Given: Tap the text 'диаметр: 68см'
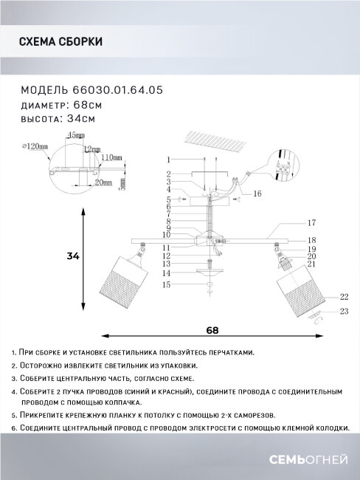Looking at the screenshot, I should (x=62, y=104).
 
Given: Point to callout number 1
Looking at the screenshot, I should (x=168, y=160).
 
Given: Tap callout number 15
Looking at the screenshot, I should (x=167, y=284).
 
